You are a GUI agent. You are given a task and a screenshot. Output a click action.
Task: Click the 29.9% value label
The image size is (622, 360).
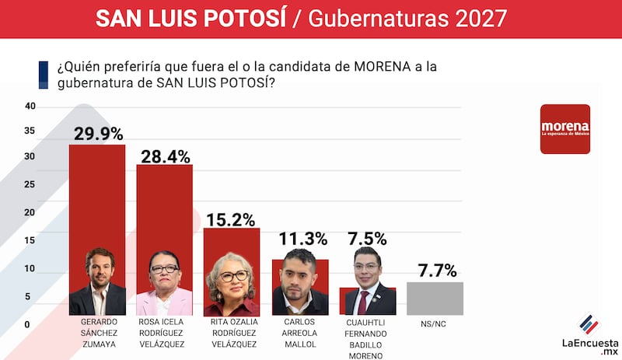[x=98, y=133]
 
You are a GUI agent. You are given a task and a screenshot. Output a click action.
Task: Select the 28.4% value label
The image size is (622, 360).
[x=165, y=156]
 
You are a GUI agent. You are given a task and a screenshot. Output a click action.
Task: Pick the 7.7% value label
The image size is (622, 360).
[x=435, y=271]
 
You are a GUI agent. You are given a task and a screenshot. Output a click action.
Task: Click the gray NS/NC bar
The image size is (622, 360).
[x=435, y=299]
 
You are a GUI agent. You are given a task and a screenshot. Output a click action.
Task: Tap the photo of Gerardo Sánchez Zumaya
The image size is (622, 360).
[x=98, y=281]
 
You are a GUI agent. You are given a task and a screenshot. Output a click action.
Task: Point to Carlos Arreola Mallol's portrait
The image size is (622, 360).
[x=300, y=281]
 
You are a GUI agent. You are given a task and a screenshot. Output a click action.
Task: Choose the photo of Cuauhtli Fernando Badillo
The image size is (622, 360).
[x=367, y=281]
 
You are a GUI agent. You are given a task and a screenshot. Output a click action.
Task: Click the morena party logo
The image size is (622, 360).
[x=565, y=128]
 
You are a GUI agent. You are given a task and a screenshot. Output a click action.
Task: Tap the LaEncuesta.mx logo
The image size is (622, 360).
[x=590, y=335]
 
